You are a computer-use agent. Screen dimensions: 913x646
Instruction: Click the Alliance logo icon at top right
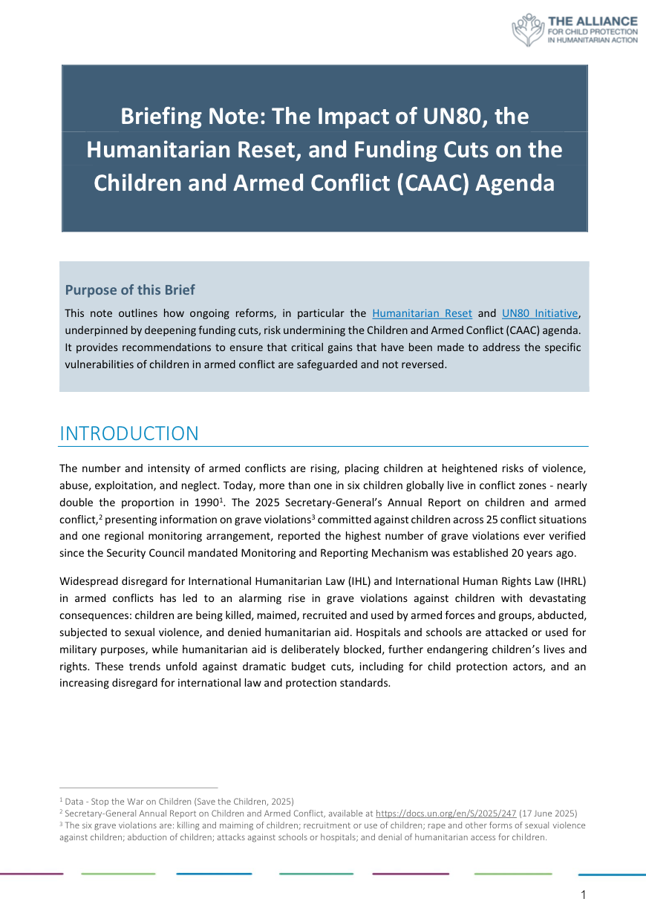pyautogui.click(x=528, y=30)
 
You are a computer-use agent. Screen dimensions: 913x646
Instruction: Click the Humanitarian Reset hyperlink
pyautogui.click(x=422, y=313)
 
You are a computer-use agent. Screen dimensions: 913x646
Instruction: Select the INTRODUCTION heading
pyautogui.click(x=129, y=433)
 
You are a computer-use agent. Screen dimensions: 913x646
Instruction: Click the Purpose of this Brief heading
pyautogui.click(x=130, y=289)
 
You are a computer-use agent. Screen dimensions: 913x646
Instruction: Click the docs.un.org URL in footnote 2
pyautogui.click(x=446, y=814)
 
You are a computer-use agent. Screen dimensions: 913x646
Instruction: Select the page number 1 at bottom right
pyautogui.click(x=583, y=895)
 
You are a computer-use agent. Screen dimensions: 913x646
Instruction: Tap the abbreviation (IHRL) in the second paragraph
pyautogui.click(x=572, y=580)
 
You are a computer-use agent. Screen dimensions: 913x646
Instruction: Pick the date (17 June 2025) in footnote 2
pyautogui.click(x=548, y=814)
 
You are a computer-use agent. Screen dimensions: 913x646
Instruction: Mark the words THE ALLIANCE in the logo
pyautogui.click(x=592, y=20)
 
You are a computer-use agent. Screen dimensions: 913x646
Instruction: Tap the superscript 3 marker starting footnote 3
pyautogui.click(x=61, y=824)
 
